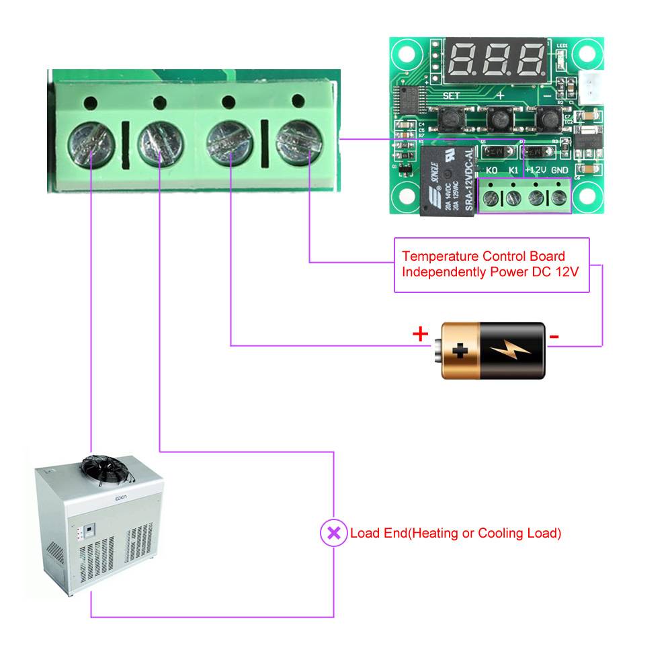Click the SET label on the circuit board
coord(452,96)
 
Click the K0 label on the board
coord(492,171)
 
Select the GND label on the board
coord(560,171)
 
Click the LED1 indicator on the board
coord(562,58)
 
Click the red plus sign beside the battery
coord(420,334)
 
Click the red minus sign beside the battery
coord(555,336)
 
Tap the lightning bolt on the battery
coord(511,349)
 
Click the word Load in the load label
coord(364,534)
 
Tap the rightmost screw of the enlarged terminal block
coord(300,140)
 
